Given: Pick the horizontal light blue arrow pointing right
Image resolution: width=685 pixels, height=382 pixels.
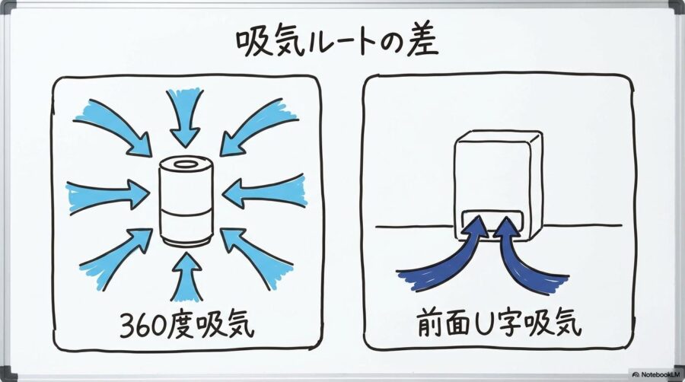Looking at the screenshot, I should coord(107,196).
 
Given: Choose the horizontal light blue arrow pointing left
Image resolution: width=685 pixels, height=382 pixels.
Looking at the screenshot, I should coord(266,193).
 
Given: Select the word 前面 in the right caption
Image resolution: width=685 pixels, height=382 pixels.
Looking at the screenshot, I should coord(444,325).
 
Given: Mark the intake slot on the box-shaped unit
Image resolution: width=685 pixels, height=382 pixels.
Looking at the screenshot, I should coord(493,219).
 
